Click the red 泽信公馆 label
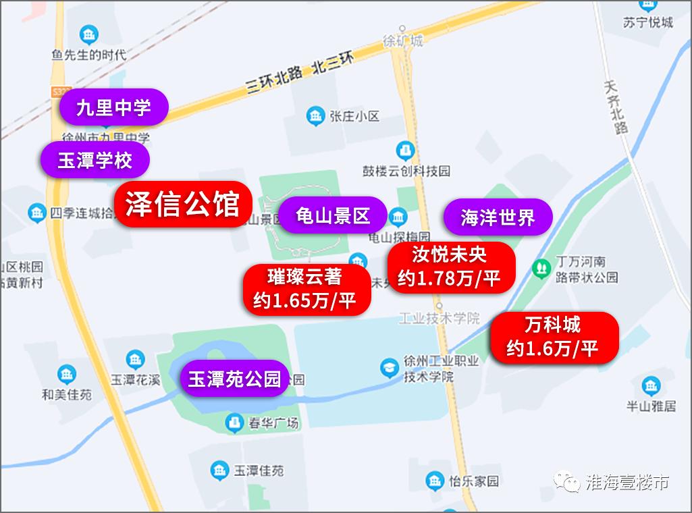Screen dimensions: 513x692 (182, 205)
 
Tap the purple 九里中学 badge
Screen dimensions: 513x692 (113, 107)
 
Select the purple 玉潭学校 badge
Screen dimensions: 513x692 (94, 160)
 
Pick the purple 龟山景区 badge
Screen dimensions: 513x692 (333, 215)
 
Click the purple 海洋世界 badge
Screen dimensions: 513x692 (498, 217)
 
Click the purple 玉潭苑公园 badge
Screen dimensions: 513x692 (234, 378)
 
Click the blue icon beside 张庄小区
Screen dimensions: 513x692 (315, 116)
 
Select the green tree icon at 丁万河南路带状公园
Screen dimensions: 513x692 (540, 268)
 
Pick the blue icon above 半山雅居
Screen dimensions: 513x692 (651, 386)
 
